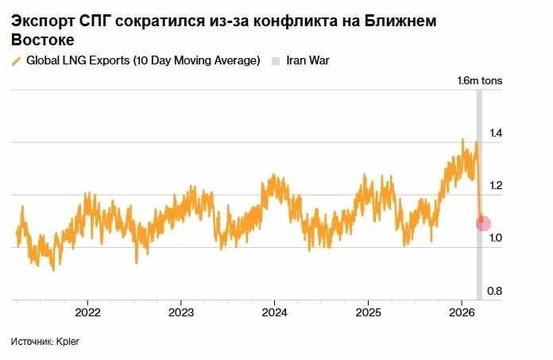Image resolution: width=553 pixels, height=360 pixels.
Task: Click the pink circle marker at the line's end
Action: point(483,224)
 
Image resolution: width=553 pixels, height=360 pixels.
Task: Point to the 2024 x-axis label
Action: point(274,312)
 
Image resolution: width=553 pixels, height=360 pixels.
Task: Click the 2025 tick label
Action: point(368,312)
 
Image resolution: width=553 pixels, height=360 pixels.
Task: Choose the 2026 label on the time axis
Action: point(462,312)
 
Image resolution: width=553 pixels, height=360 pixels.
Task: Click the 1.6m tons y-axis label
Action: point(479,81)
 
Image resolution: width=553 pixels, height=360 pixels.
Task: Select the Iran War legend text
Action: point(306,61)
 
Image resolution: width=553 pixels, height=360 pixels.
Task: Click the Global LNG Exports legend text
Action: point(143,61)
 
